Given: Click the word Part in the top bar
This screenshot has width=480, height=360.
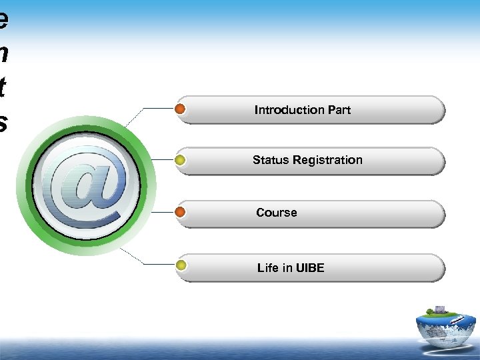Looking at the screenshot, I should tap(339, 110).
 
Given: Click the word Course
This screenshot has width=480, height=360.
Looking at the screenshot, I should tap(277, 213).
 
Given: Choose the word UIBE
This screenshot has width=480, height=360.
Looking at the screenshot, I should tap(310, 268).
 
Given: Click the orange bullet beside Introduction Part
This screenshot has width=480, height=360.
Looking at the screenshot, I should tap(180, 109).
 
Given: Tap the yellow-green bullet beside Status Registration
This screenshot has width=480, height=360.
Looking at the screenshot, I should tap(180, 160).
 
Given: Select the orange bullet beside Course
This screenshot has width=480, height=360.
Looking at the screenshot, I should tap(180, 213).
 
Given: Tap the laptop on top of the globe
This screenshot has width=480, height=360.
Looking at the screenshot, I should tap(440, 309).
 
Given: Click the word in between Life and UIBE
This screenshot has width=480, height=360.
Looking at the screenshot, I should tap(287, 268).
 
